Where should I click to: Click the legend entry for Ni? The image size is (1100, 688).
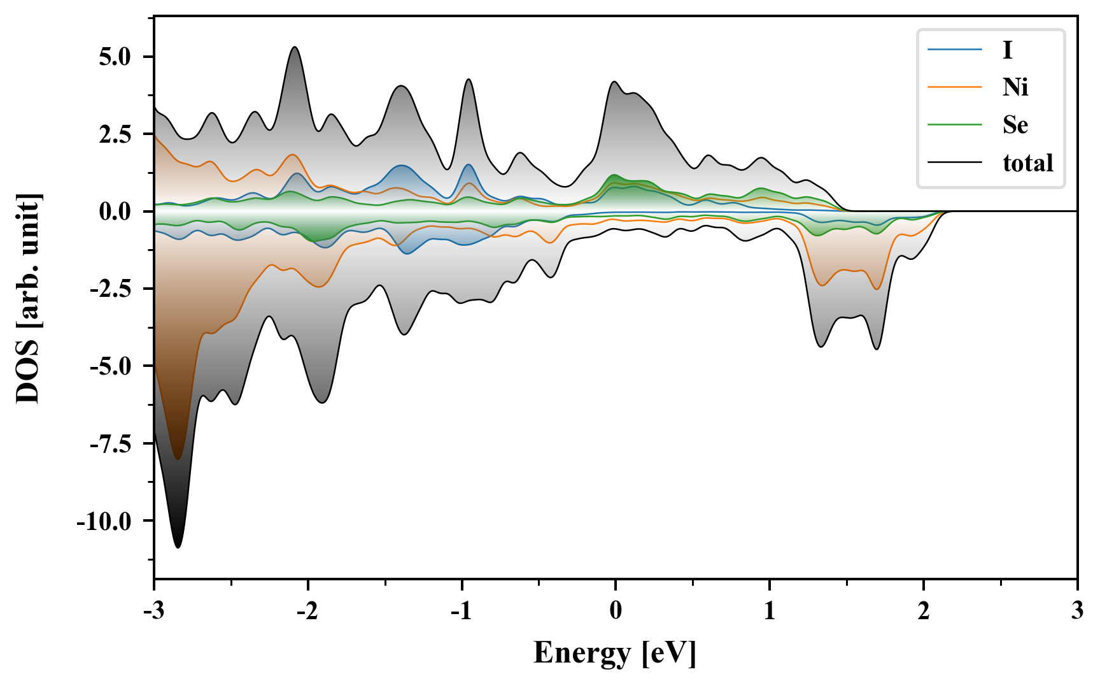click(x=1015, y=87)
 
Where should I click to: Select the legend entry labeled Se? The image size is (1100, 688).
click(x=1015, y=125)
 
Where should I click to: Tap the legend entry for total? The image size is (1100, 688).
click(x=1027, y=163)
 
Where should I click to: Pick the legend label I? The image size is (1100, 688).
click(x=1007, y=50)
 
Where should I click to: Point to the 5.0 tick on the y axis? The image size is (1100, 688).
click(x=115, y=57)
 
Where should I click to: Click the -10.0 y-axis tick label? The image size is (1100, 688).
click(x=104, y=522)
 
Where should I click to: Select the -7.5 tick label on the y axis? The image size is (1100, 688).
click(x=110, y=444)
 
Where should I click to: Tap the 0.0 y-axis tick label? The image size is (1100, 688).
click(x=115, y=211)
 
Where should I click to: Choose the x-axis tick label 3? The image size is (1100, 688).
click(x=1077, y=611)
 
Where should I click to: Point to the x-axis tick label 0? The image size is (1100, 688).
click(x=616, y=611)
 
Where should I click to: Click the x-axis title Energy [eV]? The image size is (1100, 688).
click(x=615, y=653)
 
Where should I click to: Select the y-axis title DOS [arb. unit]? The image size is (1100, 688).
click(x=28, y=298)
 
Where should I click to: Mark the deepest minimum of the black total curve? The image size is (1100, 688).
click(x=178, y=547)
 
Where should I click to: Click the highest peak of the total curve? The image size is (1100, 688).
click(x=294, y=47)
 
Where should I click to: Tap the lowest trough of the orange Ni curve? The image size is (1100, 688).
click(x=178, y=459)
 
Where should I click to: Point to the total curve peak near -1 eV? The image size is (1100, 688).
click(x=469, y=80)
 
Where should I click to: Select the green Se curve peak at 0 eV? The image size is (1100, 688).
click(x=614, y=175)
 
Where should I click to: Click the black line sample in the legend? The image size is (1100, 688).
click(x=954, y=163)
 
